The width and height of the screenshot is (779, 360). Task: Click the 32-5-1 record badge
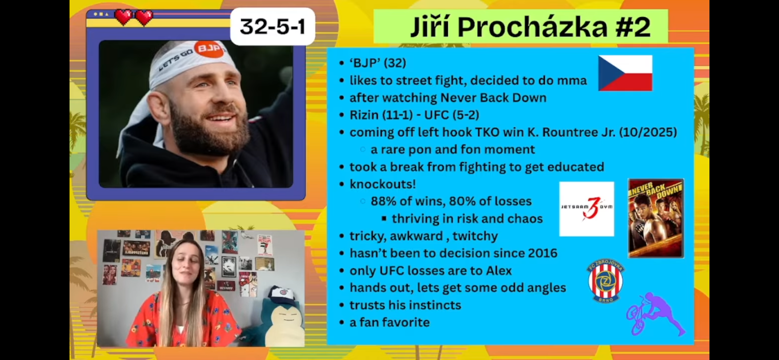pos(273,27)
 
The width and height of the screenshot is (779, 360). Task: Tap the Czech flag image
pos(625,73)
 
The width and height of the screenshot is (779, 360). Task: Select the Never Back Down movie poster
pos(656,218)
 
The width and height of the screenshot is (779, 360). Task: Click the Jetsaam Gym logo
pos(587,209)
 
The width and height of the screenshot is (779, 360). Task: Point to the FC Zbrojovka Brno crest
pos(605,280)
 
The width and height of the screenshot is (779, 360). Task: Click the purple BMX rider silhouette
pos(656,314)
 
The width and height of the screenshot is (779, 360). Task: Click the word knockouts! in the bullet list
pos(383,184)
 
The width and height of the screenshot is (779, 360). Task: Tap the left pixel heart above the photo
pos(123,17)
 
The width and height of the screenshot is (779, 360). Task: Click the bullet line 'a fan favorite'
pos(389,322)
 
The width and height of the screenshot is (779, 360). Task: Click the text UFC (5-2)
pos(452,115)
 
